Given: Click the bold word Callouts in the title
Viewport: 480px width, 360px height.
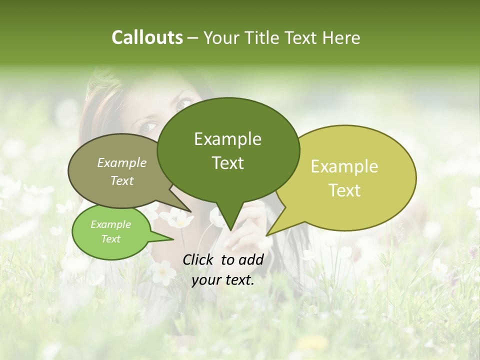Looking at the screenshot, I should [x=147, y=37].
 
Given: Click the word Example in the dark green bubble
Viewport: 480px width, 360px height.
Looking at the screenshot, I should [x=227, y=139].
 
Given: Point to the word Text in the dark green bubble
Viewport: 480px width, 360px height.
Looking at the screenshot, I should [x=228, y=163].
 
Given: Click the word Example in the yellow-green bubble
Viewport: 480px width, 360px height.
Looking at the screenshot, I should [x=344, y=166].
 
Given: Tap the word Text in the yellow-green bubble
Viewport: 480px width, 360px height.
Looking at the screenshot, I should [x=345, y=190].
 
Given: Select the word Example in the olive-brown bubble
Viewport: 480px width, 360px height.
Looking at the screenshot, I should [x=121, y=162].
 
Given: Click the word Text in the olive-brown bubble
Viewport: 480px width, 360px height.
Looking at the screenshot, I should [x=121, y=180].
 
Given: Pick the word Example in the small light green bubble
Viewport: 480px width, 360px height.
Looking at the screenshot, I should [x=110, y=224].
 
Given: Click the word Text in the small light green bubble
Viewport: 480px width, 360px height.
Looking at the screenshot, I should [x=110, y=239].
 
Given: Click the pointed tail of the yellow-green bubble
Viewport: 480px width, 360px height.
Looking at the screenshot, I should [x=268, y=234].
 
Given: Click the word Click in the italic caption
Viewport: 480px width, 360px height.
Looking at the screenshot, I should [x=199, y=259].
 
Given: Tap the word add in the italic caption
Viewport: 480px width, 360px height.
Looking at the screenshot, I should [x=251, y=259].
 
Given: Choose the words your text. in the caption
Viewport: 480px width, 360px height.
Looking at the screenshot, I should [x=222, y=280].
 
